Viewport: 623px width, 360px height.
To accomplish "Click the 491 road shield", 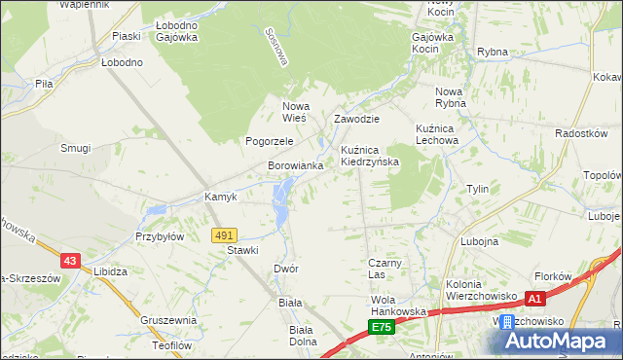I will point(224,235).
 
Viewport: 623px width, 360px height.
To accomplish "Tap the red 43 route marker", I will point(70,260).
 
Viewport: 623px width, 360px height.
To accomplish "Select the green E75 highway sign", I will point(382,328).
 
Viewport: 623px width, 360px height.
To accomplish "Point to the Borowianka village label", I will point(296,166).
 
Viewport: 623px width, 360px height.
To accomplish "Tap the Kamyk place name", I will point(221,197).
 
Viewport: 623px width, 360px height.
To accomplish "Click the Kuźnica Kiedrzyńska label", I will point(369,156).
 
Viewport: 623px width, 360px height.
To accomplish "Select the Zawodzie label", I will point(356,119).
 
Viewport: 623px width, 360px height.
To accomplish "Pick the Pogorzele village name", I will point(270,141).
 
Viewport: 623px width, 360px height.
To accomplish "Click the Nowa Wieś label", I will point(294,112).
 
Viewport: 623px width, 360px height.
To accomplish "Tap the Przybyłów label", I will point(160,235).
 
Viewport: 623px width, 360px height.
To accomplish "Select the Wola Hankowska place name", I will point(399,306).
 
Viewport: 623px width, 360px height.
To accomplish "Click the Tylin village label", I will point(477,189).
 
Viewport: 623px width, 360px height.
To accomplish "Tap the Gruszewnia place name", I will point(168,320).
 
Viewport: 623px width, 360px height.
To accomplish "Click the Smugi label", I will point(75,148).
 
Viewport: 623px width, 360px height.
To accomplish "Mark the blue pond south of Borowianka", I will point(281,200).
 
